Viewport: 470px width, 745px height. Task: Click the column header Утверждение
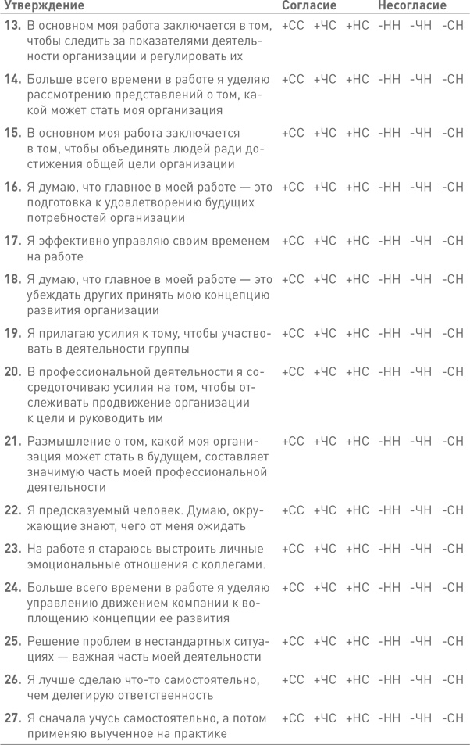point(44,6)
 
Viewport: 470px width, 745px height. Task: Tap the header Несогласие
point(412,6)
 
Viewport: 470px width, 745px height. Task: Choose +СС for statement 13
point(292,26)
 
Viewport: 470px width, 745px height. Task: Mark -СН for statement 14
point(451,79)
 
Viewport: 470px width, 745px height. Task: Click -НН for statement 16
point(389,187)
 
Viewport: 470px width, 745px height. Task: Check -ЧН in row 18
point(420,279)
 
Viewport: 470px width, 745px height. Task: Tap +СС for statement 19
point(292,333)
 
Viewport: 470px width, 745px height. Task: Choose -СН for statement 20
point(451,371)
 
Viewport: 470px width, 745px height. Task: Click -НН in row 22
point(389,510)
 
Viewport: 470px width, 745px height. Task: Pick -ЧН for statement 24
point(420,587)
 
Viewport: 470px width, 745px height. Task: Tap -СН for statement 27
point(451,718)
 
